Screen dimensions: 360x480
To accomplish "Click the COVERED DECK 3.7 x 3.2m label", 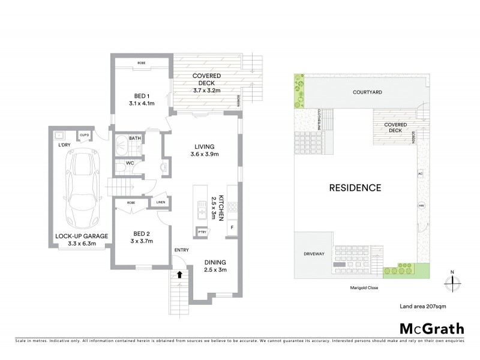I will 207,82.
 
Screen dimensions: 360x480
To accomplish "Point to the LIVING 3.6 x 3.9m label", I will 205,151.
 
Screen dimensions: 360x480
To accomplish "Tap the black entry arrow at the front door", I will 179,275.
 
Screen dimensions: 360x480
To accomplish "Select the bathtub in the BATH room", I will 122,146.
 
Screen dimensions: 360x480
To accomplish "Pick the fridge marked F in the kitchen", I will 230,229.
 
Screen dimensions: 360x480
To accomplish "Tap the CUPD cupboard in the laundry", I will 85,135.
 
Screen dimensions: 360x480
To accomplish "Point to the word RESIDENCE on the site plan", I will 355,188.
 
